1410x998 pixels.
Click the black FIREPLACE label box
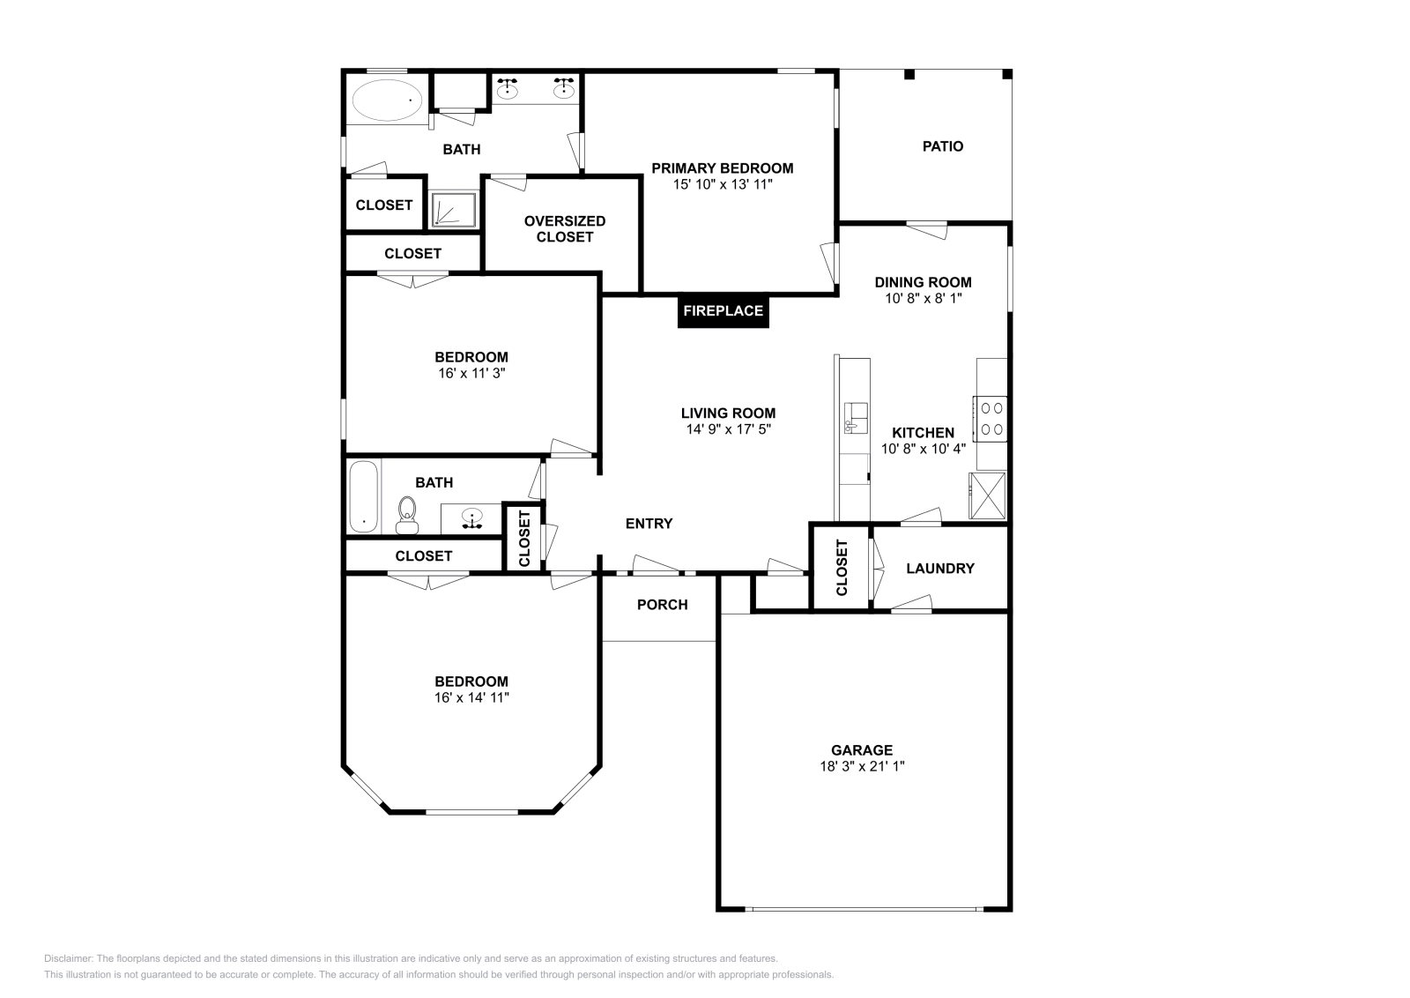[723, 311]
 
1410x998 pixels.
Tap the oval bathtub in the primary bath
[387, 101]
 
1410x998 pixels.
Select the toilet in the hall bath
[406, 514]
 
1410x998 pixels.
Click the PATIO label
[942, 146]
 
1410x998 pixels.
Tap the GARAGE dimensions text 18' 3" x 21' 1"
[862, 766]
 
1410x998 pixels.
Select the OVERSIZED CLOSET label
[564, 229]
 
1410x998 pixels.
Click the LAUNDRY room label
[939, 569]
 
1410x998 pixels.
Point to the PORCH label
[662, 605]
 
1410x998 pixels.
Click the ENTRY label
[649, 524]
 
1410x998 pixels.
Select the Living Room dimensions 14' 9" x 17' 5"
[728, 429]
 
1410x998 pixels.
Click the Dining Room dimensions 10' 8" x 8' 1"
[923, 299]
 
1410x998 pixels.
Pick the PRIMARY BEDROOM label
[722, 168]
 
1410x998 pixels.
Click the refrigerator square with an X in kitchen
[988, 497]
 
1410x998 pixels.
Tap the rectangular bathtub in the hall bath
[363, 497]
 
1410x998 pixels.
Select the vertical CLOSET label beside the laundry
[841, 567]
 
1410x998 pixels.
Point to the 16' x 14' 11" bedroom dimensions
[471, 697]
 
